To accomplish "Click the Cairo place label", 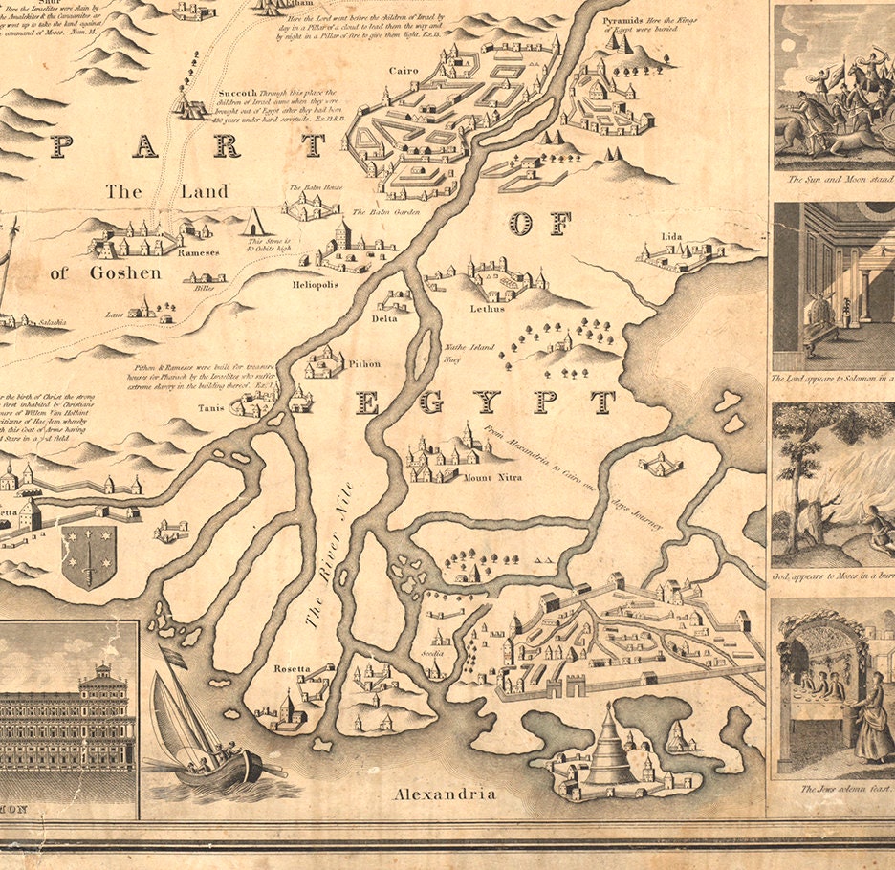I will coord(404,71).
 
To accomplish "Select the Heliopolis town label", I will coord(316,284).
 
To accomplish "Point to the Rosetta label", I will coord(288,668).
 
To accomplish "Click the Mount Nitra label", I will coord(492,476).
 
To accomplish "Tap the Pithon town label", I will coord(364,363).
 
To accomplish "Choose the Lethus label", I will coord(487,308).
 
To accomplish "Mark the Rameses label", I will coord(199,253).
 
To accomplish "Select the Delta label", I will coord(384,318).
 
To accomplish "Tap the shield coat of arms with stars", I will coord(89,557).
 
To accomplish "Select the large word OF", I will coord(540,224).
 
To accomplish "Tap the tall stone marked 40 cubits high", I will coord(254,222).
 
